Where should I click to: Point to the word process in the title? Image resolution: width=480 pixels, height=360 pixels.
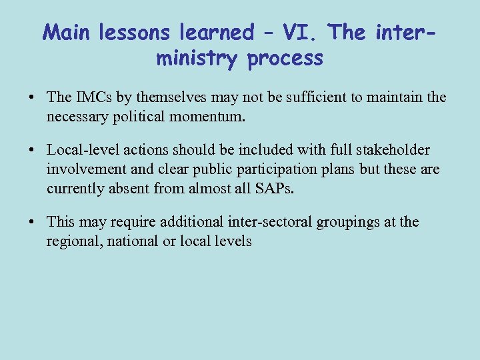[285, 59]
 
